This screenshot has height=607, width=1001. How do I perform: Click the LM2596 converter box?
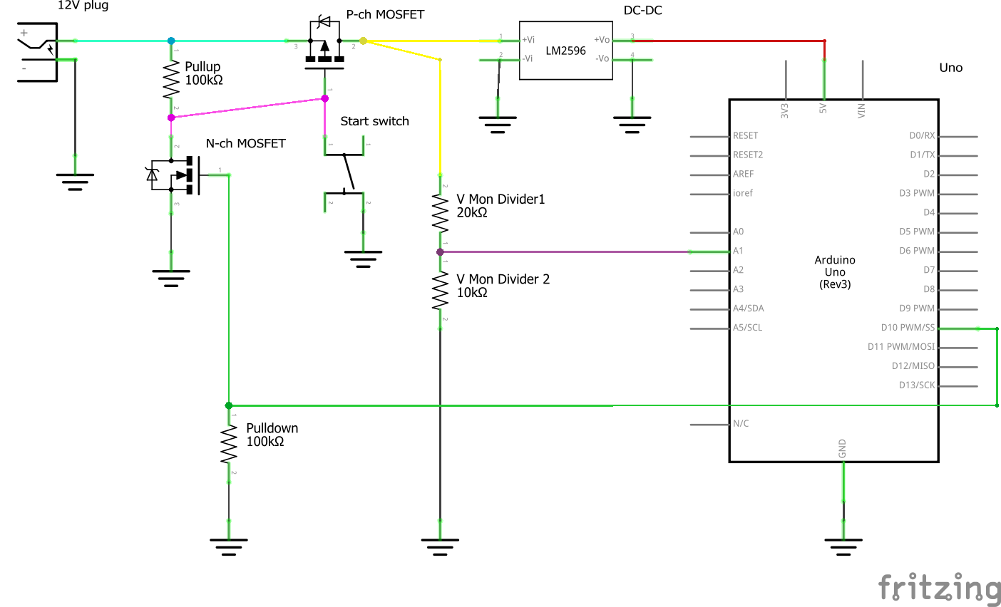565,50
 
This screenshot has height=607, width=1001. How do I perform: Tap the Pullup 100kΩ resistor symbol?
171,80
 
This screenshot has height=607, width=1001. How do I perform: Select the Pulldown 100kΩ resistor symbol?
229,445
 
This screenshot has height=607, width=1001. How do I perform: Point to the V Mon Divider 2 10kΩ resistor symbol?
440,292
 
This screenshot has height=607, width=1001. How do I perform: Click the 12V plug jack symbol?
37,51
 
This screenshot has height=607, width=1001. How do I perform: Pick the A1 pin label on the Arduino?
739,251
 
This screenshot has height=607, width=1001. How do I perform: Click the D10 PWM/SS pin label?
907,328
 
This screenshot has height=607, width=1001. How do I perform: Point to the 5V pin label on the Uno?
823,108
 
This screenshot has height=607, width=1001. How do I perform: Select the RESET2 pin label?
748,155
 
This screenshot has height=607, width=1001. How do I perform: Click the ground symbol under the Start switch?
363,259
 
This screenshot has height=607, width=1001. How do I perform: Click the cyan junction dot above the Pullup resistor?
171,41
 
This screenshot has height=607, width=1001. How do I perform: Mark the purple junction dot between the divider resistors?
440,251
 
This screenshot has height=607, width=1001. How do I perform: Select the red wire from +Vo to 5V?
727,41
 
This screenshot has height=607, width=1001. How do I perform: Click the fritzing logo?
939,588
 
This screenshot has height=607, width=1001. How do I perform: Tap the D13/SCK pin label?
916,385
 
